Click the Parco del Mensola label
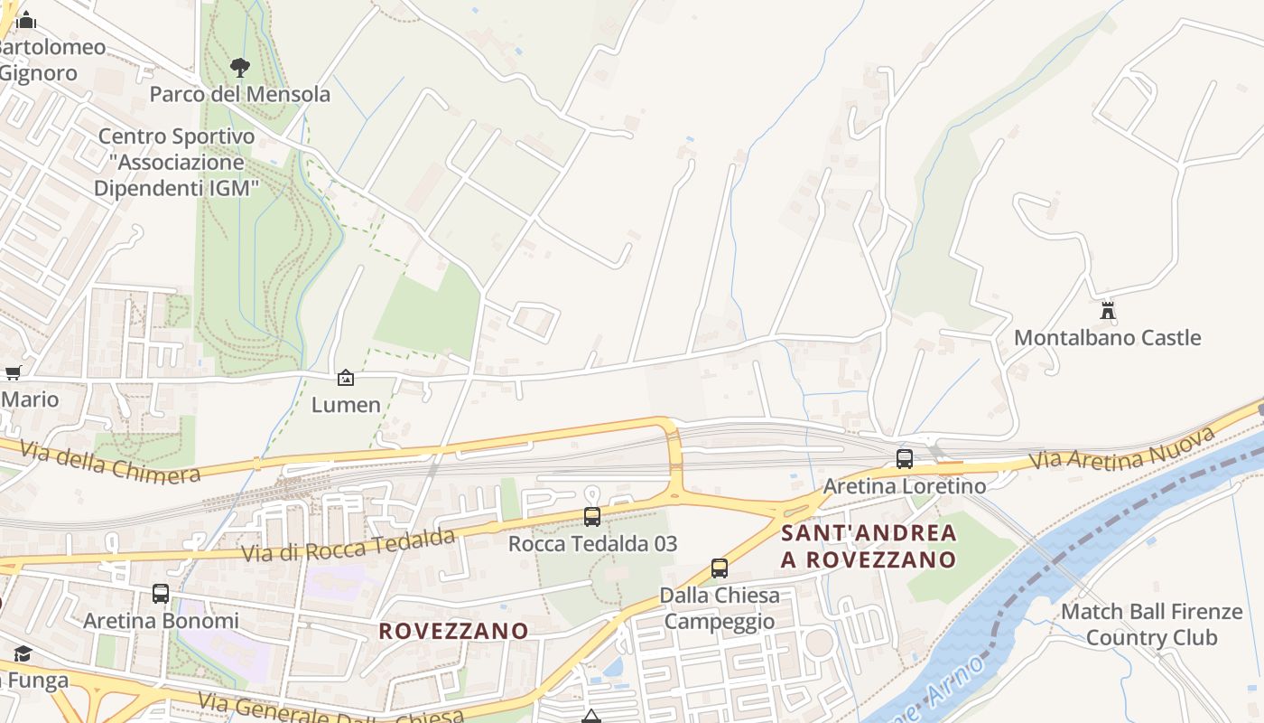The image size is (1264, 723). pos(240,94)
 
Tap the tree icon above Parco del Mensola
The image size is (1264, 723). pos(239,66)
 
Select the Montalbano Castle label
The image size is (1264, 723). pos(1107,338)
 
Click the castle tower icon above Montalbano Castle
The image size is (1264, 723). pos(1108,311)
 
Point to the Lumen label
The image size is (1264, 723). pos(346,405)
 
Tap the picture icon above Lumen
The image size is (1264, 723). pos(346,378)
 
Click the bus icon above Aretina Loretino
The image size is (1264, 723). pos(905,458)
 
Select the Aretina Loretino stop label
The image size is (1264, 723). pos(905,486)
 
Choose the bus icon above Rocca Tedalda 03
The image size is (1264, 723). pos(592,517)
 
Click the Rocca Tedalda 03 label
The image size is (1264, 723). pos(592,544)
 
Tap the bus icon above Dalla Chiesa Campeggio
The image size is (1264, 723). pos(720,568)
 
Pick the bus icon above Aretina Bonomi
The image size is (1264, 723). pos(161,594)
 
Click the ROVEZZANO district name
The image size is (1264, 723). pos(453,631)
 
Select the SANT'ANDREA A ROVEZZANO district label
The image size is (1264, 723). pos(869,546)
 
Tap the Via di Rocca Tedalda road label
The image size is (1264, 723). pos(348,547)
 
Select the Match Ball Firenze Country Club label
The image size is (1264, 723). pos(1151,624)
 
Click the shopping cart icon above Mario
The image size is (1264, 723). pos(13,372)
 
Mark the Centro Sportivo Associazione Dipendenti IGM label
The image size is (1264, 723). pos(177,163)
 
